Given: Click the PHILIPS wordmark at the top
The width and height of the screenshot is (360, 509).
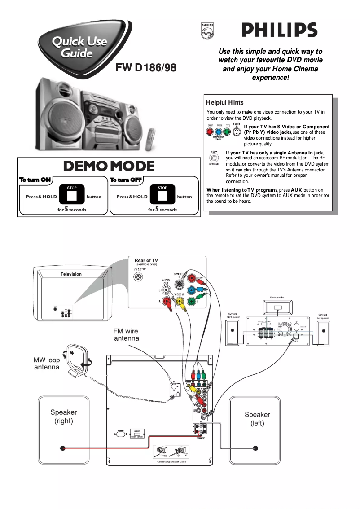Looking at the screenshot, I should click(x=280, y=31).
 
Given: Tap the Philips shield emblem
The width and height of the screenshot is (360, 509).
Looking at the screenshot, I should click(x=207, y=31).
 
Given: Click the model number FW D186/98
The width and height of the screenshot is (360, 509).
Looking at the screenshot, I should click(x=146, y=68).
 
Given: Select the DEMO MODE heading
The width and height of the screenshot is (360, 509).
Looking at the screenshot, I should click(x=109, y=166).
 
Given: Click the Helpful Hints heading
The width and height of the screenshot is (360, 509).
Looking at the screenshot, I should click(x=225, y=103).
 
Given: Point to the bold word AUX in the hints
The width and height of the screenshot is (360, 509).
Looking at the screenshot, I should click(x=297, y=190).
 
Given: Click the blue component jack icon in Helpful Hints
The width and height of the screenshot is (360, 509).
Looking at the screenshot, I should click(x=219, y=132).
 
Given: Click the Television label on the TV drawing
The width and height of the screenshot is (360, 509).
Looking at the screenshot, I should click(x=71, y=274).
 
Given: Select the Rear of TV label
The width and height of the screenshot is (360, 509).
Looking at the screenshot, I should click(x=146, y=260).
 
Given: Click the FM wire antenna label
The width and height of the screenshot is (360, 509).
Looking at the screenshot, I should click(x=126, y=335).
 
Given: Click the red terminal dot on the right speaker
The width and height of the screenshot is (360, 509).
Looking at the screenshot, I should click(x=63, y=448).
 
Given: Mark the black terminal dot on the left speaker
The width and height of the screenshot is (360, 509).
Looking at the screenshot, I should click(x=255, y=448).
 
